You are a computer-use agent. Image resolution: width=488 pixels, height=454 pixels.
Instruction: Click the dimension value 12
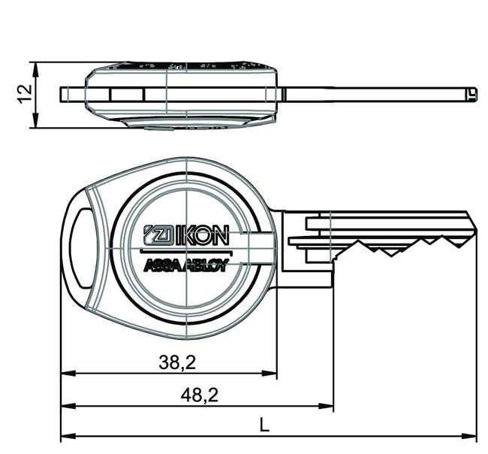24,93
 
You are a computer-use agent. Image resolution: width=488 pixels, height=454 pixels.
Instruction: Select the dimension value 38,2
178,362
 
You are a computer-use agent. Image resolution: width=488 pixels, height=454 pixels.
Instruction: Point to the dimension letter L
264,425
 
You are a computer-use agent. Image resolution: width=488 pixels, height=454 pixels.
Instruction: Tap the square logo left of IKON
157,235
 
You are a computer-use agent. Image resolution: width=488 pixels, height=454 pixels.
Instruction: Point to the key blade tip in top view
471,95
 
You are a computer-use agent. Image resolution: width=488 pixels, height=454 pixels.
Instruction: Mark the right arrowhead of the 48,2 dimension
328,406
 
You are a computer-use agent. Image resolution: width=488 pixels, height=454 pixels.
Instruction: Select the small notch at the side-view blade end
471,95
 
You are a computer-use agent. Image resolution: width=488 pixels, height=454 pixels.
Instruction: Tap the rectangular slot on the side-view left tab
127,95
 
